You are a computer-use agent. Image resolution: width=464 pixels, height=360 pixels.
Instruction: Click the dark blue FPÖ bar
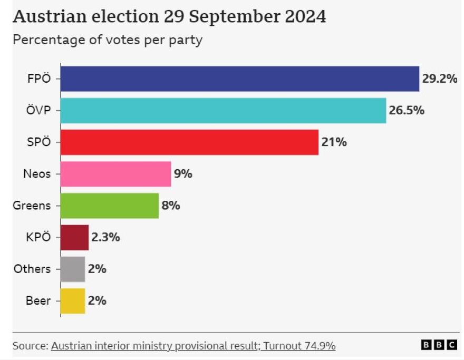pyautogui.click(x=240, y=79)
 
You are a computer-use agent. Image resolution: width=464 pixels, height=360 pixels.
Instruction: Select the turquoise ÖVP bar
pyautogui.click(x=223, y=111)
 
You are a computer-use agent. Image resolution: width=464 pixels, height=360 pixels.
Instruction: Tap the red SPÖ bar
pyautogui.click(x=189, y=142)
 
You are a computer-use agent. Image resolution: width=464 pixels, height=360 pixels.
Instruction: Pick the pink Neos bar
pyautogui.click(x=116, y=174)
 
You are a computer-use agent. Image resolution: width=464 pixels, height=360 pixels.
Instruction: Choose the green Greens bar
pyautogui.click(x=110, y=206)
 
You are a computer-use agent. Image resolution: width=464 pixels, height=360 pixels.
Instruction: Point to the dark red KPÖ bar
pyautogui.click(x=74, y=237)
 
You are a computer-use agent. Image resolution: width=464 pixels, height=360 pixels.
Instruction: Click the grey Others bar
pyautogui.click(x=73, y=269)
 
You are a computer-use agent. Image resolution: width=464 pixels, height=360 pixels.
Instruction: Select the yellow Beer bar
pyautogui.click(x=73, y=300)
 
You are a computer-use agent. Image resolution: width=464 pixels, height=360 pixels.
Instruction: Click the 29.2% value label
pyautogui.click(x=439, y=79)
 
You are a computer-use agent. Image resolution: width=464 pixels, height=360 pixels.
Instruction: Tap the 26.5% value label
pyautogui.click(x=407, y=111)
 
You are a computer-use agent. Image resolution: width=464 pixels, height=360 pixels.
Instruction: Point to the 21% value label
pyautogui.click(x=334, y=142)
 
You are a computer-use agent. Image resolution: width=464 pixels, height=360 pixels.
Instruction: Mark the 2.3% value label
pyautogui.click(x=105, y=237)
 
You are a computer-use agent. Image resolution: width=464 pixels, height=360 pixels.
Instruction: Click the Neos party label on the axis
pyautogui.click(x=37, y=174)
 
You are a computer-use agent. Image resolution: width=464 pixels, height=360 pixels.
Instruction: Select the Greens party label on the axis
pyautogui.click(x=32, y=206)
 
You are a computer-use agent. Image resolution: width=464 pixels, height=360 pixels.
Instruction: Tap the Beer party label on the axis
pyautogui.click(x=38, y=301)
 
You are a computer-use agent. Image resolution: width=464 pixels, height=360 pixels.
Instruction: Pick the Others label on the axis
pyautogui.click(x=32, y=269)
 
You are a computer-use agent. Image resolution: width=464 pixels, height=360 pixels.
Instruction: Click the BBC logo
pyautogui.click(x=439, y=345)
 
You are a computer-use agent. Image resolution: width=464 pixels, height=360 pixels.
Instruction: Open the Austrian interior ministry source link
pyautogui.click(x=193, y=346)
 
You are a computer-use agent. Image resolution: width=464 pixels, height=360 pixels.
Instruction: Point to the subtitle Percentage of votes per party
pyautogui.click(x=108, y=40)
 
